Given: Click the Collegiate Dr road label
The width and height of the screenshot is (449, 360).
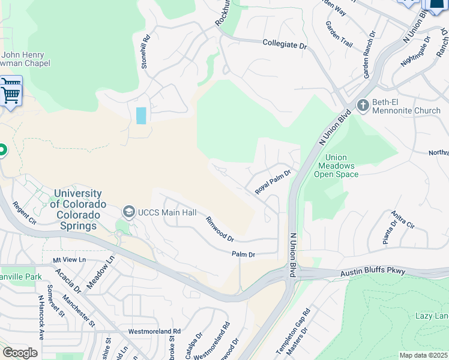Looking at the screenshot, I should pos(285,44).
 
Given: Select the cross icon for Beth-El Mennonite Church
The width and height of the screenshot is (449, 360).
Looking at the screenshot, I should pos(363,106).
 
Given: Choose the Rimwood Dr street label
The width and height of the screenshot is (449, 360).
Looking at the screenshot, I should pos(220,230).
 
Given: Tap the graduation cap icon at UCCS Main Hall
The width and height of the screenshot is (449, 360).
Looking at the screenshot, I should pos(128,212).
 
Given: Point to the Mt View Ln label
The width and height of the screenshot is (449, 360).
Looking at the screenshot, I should pos(70,260).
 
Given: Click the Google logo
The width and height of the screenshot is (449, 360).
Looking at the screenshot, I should pos(20,353).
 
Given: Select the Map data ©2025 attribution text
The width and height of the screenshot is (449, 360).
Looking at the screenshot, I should pos(423,355).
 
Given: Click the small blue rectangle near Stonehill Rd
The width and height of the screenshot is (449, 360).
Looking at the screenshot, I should pos(141,115).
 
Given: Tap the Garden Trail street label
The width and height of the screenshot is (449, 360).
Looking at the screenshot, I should pos(339,35).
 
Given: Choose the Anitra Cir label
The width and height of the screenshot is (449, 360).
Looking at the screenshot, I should pos(403,220).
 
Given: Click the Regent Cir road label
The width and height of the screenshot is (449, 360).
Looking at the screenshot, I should pos(25,212).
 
